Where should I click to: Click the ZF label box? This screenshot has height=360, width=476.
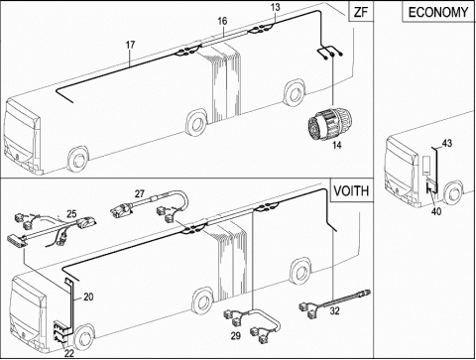coord(361,12)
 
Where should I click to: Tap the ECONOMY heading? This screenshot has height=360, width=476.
coord(438,12)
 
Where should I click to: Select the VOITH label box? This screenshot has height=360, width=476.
coord(351,191)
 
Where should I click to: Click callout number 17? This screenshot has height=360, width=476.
coord(131,45)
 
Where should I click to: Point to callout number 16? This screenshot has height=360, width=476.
coord(222,21)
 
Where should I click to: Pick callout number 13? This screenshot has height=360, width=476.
coord(276,7)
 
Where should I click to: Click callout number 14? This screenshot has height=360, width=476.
coord(337,145)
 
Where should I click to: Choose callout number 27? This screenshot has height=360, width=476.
coord(140,193)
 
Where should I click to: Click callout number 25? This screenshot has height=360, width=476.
coord(71,214)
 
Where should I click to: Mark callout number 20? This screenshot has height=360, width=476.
coord(88,298)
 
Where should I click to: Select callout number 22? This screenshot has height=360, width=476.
coord(69,353)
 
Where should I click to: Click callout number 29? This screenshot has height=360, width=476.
coord(236,336)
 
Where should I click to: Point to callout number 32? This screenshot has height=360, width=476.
coord(335,311)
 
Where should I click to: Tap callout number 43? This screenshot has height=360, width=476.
coord(447,144)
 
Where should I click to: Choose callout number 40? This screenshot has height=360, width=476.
coord(436,211)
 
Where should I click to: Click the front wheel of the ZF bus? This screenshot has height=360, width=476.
coord(78,161)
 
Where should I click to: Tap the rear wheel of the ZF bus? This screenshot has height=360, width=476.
coord(294,92)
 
